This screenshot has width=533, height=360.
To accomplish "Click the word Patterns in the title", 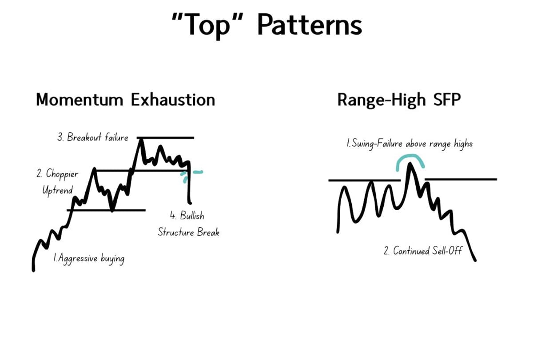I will pyautogui.click(x=310, y=25).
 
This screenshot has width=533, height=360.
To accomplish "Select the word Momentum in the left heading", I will pyautogui.click(x=80, y=100).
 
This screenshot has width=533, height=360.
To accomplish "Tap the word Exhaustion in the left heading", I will pyautogui.click(x=173, y=100).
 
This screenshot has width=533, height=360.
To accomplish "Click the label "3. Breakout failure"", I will pyautogui.click(x=93, y=137).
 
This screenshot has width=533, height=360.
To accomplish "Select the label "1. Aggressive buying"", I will pyautogui.click(x=88, y=258).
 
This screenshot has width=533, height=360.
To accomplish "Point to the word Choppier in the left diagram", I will pyautogui.click(x=57, y=174).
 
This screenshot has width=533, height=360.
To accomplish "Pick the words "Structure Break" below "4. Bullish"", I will pyautogui.click(x=188, y=232).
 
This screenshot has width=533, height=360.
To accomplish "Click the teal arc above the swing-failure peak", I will pyautogui.click(x=410, y=161).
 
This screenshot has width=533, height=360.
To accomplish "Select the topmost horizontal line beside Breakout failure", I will pyautogui.click(x=165, y=138).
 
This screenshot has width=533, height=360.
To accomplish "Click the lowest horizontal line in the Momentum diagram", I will pyautogui.click(x=107, y=210).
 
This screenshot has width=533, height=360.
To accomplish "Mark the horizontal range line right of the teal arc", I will pyautogui.click(x=461, y=180).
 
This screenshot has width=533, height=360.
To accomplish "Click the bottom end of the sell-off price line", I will pyautogui.click(x=475, y=260).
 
